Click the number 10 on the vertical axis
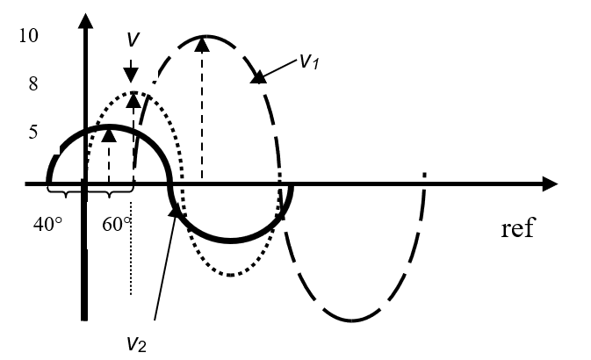tap(31, 37)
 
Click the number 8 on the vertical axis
tap(33, 85)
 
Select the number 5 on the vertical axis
tap(34, 133)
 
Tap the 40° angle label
tap(47, 224)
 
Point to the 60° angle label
tap(117, 224)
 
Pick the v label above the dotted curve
tap(131, 40)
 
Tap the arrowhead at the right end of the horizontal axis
tap(550, 184)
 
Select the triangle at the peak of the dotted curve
tap(133, 99)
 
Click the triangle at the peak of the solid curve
tap(109, 134)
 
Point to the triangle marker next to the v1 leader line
tap(258, 76)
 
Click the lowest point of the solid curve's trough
tap(230, 240)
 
